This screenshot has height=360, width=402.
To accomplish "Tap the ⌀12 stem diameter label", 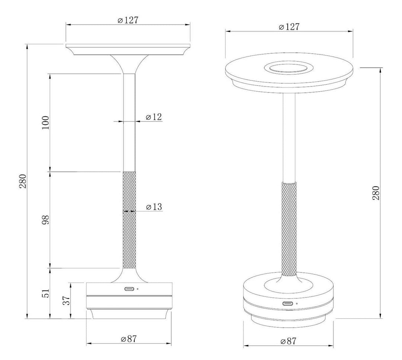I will pos(153,117).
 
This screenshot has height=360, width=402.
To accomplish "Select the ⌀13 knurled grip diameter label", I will pos(154,207).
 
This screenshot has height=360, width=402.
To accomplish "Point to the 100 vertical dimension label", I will pos(45,123).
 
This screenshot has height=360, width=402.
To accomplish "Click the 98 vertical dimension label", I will pos(45,220).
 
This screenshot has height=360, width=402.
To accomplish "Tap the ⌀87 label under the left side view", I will pos(129,339).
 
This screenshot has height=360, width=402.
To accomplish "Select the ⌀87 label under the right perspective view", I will pos(289,341).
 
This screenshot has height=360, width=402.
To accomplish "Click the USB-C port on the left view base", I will pos(130,289).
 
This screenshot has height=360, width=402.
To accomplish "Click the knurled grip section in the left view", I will pos(129,220).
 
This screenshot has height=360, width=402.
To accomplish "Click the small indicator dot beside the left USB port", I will pos(138,289).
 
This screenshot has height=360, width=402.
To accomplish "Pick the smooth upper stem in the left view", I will pos(129,123).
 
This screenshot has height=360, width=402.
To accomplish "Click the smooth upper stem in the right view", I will pos(289,138).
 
